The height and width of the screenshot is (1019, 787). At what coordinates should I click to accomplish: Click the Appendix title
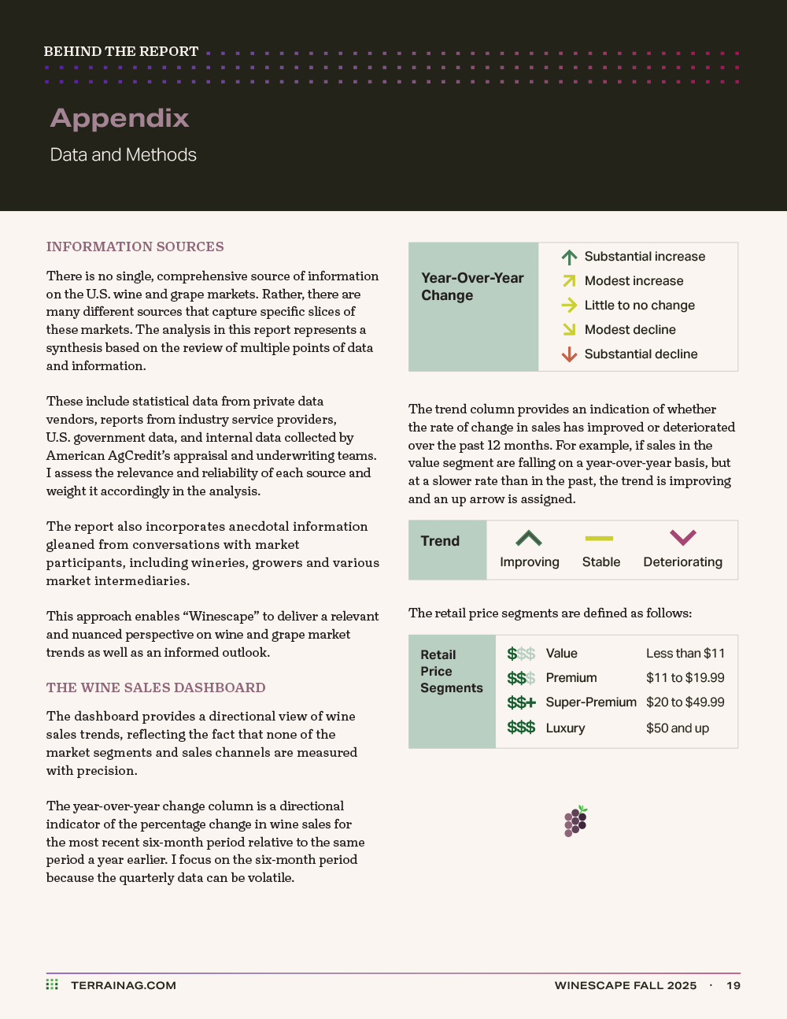click(x=120, y=118)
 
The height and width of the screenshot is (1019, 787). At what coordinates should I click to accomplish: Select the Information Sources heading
click(x=135, y=246)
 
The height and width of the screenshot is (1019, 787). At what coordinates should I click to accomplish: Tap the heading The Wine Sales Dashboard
click(x=156, y=687)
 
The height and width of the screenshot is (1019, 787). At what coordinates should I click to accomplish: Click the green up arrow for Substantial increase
click(x=569, y=257)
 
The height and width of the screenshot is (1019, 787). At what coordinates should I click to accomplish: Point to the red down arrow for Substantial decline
click(x=569, y=354)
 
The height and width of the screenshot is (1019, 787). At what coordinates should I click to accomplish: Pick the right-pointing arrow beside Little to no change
click(x=569, y=306)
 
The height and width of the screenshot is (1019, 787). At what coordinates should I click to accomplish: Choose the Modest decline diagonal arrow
click(x=569, y=329)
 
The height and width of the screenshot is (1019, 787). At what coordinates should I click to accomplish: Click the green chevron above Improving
click(x=529, y=539)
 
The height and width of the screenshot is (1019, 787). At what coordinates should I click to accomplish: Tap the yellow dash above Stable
click(x=599, y=539)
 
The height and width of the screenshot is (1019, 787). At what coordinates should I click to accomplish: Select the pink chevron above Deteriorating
click(x=682, y=538)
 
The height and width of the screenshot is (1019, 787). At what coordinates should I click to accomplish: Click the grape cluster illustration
click(x=576, y=821)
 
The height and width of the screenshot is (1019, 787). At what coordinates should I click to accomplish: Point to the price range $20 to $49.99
click(x=685, y=702)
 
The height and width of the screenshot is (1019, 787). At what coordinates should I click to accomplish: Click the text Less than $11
click(x=685, y=653)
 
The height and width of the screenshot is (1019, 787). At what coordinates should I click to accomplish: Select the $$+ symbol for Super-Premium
click(x=521, y=702)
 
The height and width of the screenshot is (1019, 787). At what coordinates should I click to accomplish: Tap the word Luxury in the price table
click(x=565, y=728)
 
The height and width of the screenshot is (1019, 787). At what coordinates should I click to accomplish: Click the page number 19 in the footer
click(x=733, y=985)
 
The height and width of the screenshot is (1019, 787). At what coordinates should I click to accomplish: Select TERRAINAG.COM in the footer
click(x=124, y=985)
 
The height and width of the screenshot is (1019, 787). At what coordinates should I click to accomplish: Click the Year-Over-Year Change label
click(x=472, y=287)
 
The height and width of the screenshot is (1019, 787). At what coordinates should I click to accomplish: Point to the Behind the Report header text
click(x=121, y=51)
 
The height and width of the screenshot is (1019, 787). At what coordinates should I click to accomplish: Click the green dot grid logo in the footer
click(x=52, y=984)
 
